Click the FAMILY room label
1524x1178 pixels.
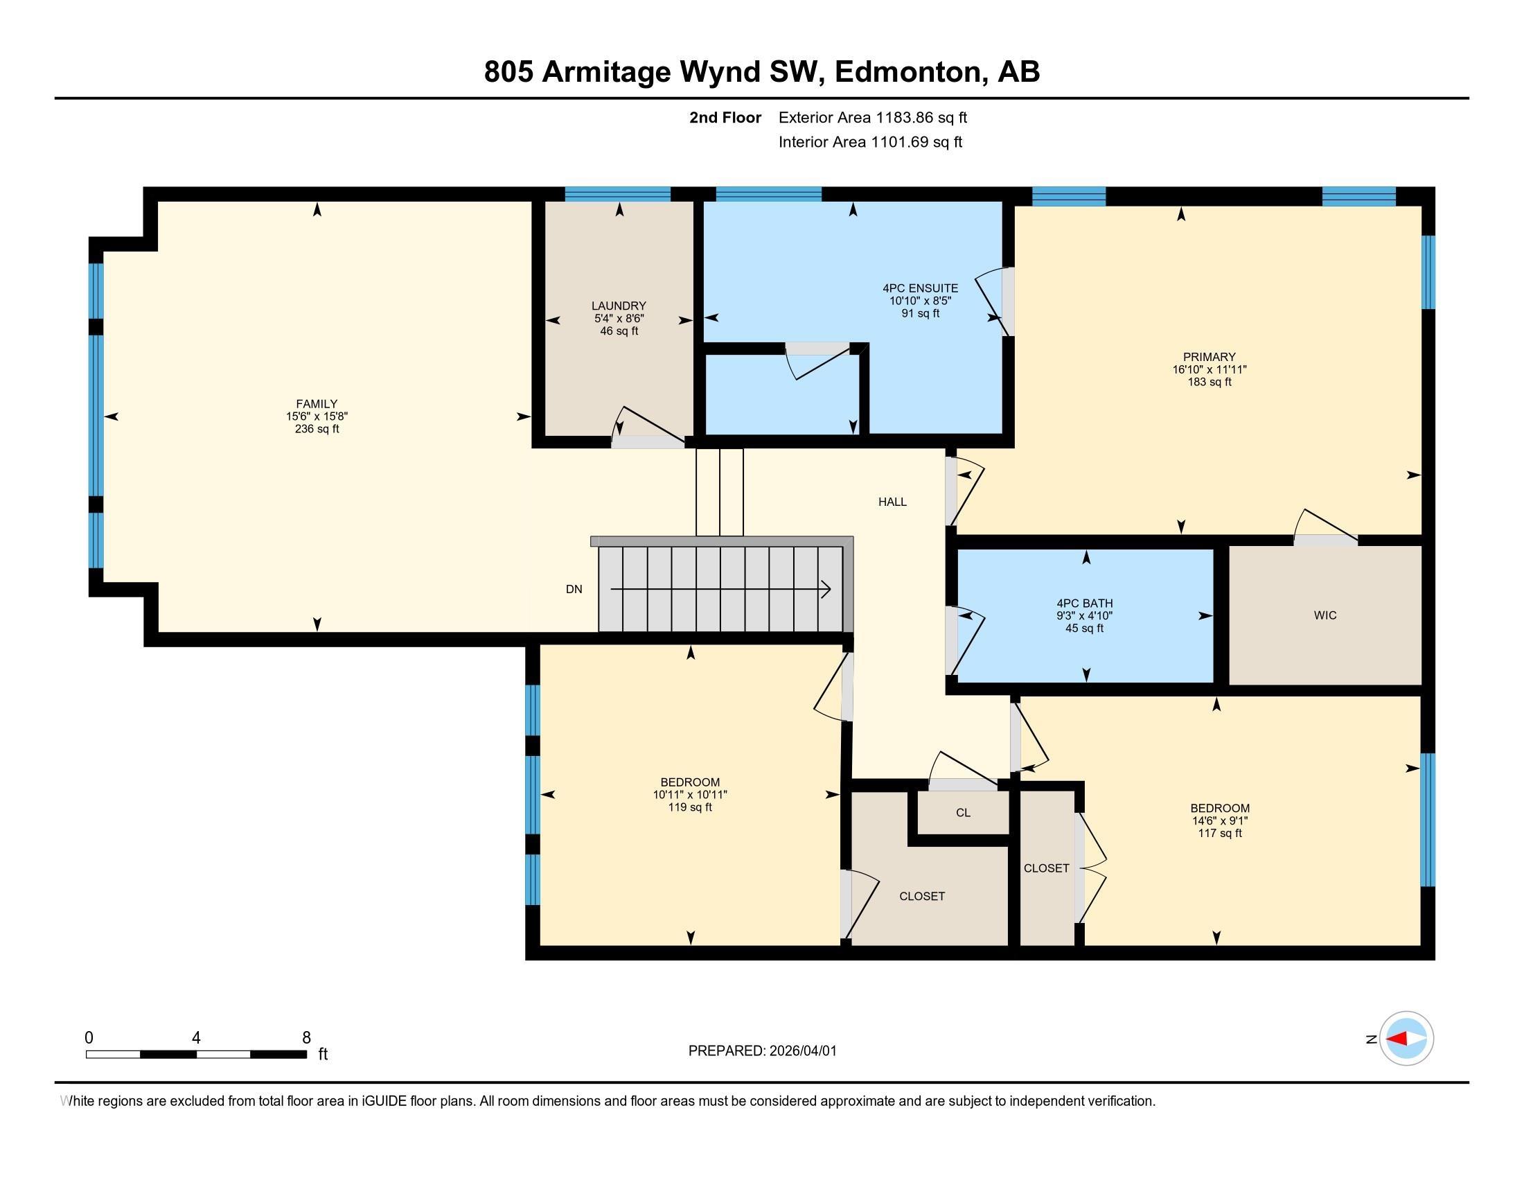[317, 403]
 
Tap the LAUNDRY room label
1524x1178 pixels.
[618, 306]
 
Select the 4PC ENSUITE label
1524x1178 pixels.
[920, 288]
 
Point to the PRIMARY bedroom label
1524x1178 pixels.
[1209, 357]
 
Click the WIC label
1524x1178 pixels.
[1324, 615]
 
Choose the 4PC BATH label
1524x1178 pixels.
[1084, 603]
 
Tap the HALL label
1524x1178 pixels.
[892, 501]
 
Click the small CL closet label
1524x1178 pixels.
[963, 812]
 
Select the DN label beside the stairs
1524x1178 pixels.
[574, 589]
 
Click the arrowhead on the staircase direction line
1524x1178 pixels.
[826, 590]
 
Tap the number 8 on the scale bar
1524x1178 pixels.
[305, 1037]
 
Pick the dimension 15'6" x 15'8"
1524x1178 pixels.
[317, 416]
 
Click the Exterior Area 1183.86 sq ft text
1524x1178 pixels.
[872, 117]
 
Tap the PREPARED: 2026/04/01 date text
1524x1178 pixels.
[762, 1050]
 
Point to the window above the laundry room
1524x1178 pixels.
[617, 194]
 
